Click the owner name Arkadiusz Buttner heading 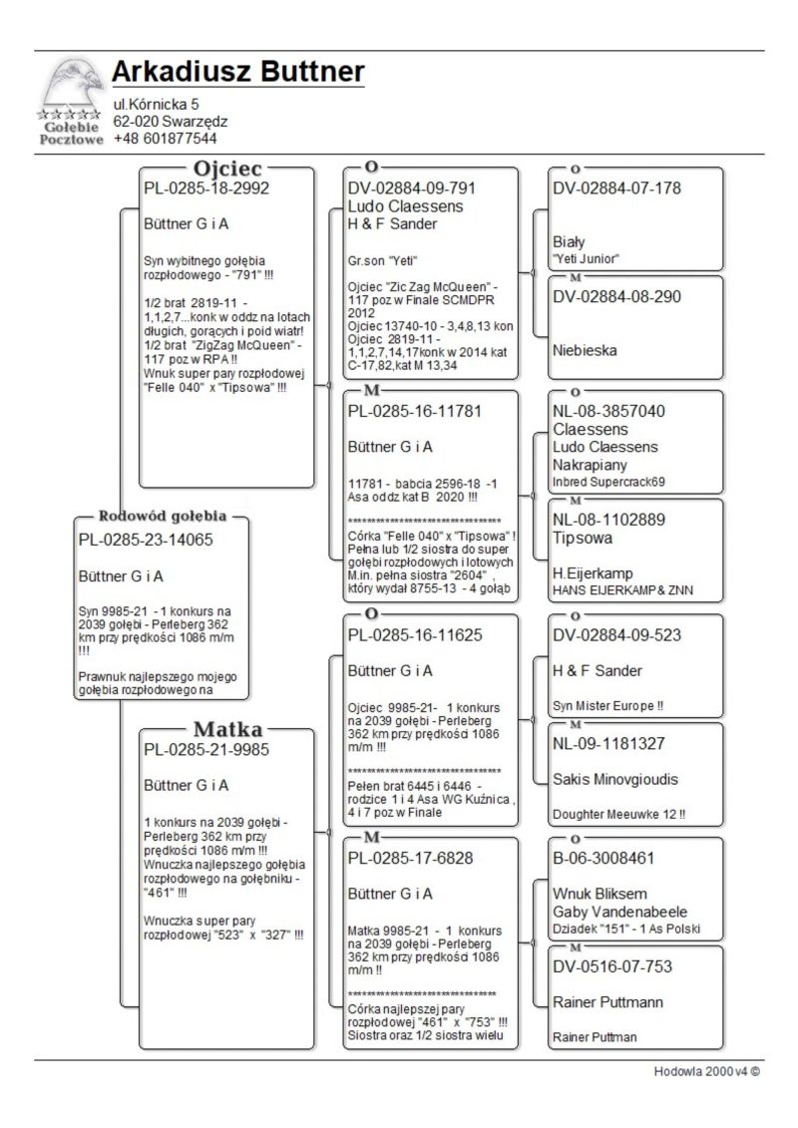[237, 72]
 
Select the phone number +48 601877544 [165, 139]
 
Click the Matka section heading [227, 728]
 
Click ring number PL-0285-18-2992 [206, 188]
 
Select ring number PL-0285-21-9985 [206, 749]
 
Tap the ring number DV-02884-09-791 [412, 188]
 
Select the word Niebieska [585, 351]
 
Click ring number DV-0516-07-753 [612, 966]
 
